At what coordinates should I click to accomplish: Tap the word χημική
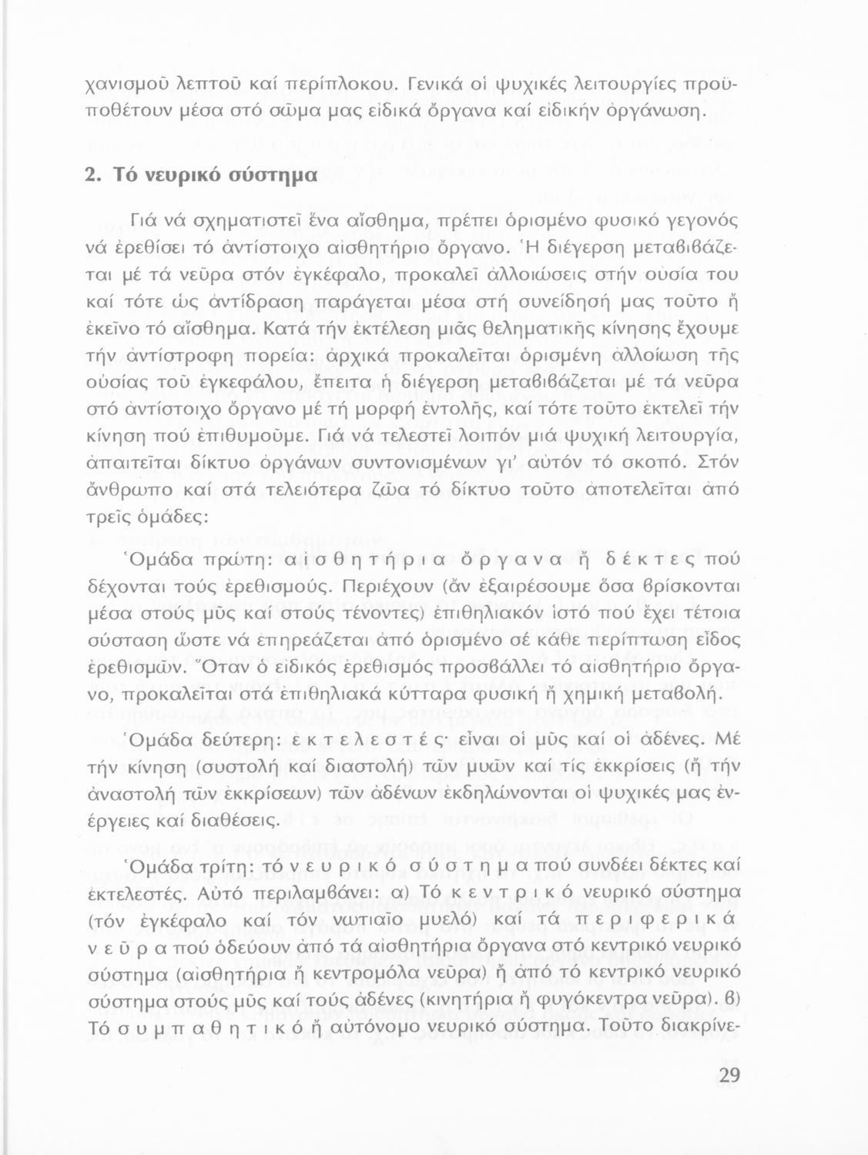pyautogui.click(x=592, y=693)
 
